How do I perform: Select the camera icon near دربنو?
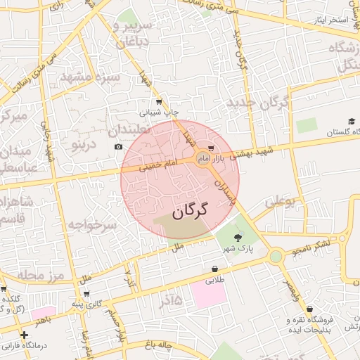click(x=118, y=146)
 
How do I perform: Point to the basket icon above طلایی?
click(x=214, y=269)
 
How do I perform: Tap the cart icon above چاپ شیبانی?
click(x=159, y=101)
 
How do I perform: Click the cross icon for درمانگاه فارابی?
click(x=25, y=335)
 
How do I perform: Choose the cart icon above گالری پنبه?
click(x=86, y=295)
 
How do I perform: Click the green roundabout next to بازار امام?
click(x=203, y=157)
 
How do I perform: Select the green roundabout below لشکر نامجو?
click(x=276, y=257)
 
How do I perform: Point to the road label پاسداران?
click(x=225, y=191)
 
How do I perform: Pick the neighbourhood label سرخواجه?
click(x=91, y=226)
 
